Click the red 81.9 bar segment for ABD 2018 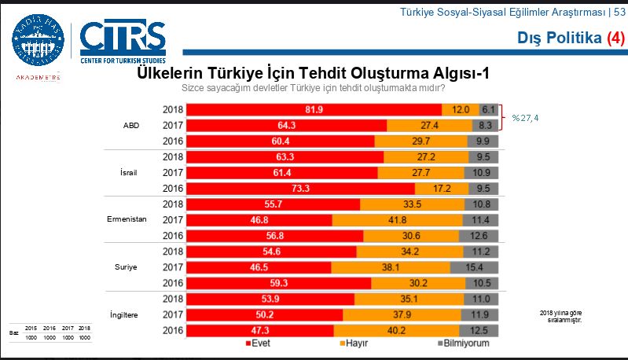tap(314, 109)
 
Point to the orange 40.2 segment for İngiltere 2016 tap(398, 330)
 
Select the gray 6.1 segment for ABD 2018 tap(487, 109)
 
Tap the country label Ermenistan tap(127, 219)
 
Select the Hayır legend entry tap(354, 343)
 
